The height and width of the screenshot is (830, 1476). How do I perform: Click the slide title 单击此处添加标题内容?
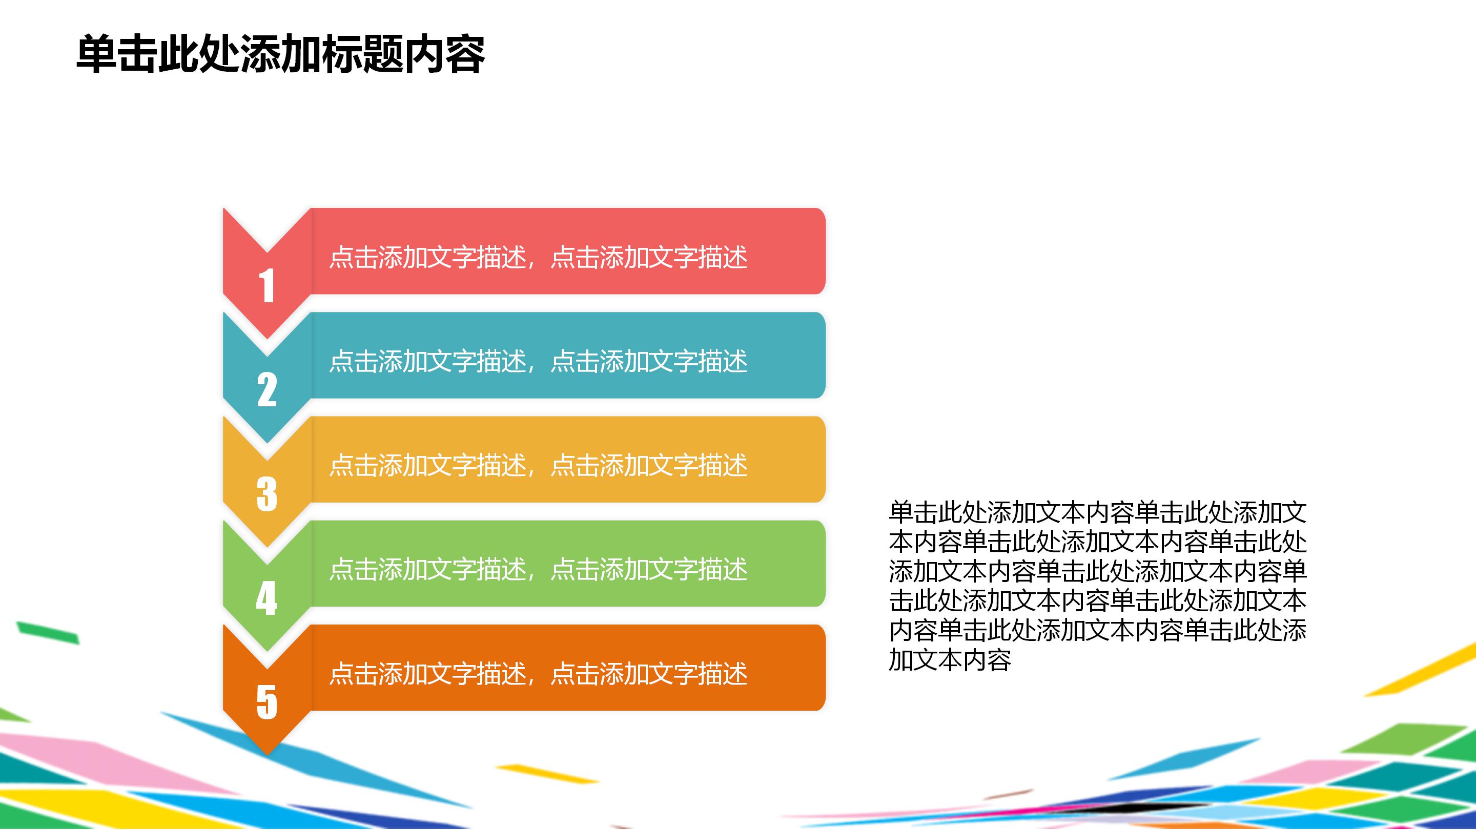(281, 54)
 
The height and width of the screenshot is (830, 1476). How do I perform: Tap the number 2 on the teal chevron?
(266, 390)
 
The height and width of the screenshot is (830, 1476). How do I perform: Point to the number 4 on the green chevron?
(266, 598)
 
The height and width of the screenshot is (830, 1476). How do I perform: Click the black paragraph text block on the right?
(1097, 586)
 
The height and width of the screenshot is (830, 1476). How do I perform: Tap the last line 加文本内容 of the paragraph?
(950, 660)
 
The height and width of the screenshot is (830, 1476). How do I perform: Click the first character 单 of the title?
(96, 54)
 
